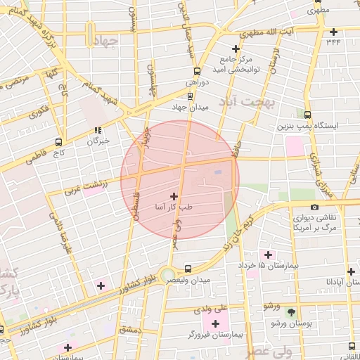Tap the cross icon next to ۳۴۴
pyautogui.click(x=333, y=31)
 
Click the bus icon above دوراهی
pyautogui.click(x=197, y=71)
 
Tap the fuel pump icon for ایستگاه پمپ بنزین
pyautogui.click(x=308, y=114)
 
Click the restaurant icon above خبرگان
pyautogui.click(x=98, y=130)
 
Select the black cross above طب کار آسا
pyautogui.click(x=174, y=195)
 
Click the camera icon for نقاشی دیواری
pyautogui.click(x=314, y=207)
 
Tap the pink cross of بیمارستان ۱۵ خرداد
pyautogui.click(x=266, y=253)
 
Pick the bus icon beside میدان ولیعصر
pyautogui.click(x=188, y=269)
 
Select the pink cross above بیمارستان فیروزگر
pyautogui.click(x=215, y=323)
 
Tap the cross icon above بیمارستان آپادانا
pyautogui.click(x=351, y=271)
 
